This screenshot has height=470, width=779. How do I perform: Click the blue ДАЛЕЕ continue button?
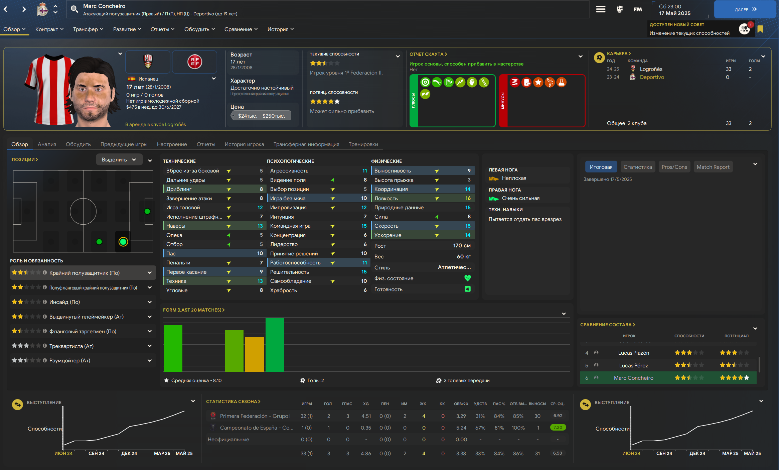point(745,9)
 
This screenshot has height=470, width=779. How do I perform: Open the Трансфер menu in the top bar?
point(88,29)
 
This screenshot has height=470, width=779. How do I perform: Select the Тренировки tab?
point(363,144)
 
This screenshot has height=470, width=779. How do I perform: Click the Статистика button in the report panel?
point(637,167)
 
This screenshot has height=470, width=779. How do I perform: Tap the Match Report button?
point(713,167)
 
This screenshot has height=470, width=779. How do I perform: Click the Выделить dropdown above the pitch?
point(119,160)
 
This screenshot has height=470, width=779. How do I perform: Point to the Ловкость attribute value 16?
point(468,199)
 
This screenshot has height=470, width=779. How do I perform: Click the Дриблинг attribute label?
point(179,189)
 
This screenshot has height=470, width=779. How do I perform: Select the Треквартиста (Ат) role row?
point(71,346)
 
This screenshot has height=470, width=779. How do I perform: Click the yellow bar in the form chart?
point(255,354)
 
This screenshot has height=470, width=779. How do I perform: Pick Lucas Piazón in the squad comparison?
point(633,353)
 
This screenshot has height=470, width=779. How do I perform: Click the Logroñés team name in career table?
point(651,69)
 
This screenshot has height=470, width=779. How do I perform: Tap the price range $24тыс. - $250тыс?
point(261,116)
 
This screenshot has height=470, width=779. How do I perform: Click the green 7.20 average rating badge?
point(558,428)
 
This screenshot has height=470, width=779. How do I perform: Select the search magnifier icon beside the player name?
point(74,9)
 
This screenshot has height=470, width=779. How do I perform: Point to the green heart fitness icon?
point(467,278)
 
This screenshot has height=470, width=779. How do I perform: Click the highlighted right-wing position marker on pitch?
point(123,242)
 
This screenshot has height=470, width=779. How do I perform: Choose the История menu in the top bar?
point(280,29)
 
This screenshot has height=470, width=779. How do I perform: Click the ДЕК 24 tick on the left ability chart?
point(129,453)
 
